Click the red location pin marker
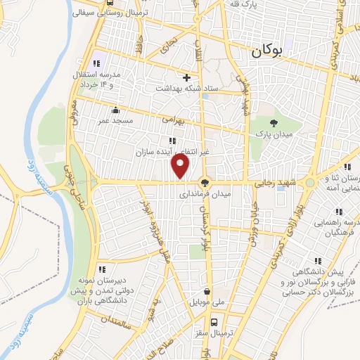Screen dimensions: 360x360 tap(181, 166)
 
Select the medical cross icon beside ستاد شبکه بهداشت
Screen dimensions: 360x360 tap(186, 77)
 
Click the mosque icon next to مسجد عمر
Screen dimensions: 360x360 tap(115, 110)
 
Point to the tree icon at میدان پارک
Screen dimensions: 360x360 tap(274, 124)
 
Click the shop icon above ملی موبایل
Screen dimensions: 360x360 tap(207, 291)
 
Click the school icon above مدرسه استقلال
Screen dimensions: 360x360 tap(97, 56)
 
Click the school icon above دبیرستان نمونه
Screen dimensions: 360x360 tap(103, 269)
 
